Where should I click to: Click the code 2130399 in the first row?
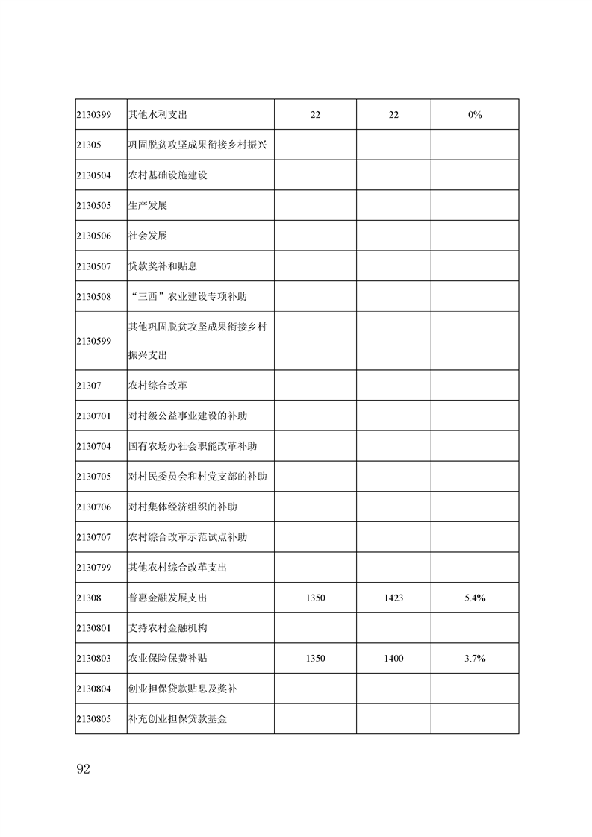pyautogui.click(x=93, y=115)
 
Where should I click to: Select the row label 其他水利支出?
pyautogui.click(x=157, y=115)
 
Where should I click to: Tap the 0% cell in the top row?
pyautogui.click(x=475, y=115)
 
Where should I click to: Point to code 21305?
pyautogui.click(x=88, y=145)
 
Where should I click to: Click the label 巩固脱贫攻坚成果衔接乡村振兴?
pyautogui.click(x=198, y=145)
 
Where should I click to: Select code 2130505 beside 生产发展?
pyautogui.click(x=93, y=206)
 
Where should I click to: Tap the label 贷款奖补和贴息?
pyautogui.click(x=162, y=266)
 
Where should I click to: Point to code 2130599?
pyautogui.click(x=93, y=341)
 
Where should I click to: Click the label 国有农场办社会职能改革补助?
pyautogui.click(x=193, y=447)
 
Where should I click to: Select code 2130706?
pyautogui.click(x=93, y=507)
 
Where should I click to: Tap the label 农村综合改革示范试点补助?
pyautogui.click(x=187, y=537)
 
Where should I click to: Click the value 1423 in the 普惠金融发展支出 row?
pyautogui.click(x=393, y=598)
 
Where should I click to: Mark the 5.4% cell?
pyautogui.click(x=475, y=598)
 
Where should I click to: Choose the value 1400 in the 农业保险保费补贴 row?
pyautogui.click(x=393, y=659)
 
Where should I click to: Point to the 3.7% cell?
pyautogui.click(x=475, y=659)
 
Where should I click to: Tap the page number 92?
pyautogui.click(x=83, y=770)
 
